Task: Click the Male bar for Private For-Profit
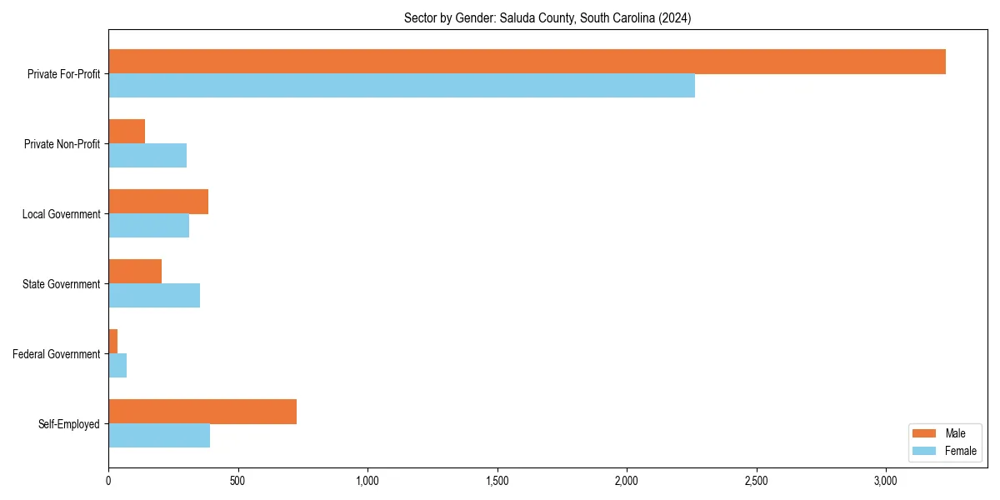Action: (527, 62)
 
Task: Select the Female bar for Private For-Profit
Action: (402, 86)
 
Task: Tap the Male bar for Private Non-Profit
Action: (127, 132)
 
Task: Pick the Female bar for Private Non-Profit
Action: (147, 156)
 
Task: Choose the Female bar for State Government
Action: (154, 296)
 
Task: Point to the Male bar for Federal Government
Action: (113, 342)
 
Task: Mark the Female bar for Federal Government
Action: (117, 366)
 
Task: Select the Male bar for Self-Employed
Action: (202, 412)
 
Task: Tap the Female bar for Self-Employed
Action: (159, 436)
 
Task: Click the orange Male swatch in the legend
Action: (925, 433)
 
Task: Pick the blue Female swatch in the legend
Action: (925, 451)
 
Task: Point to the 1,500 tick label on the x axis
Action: (497, 481)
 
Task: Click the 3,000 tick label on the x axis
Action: (885, 481)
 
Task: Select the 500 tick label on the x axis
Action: (237, 481)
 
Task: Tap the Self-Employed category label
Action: (69, 424)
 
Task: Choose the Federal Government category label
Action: (57, 354)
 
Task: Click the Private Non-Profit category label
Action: (62, 144)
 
